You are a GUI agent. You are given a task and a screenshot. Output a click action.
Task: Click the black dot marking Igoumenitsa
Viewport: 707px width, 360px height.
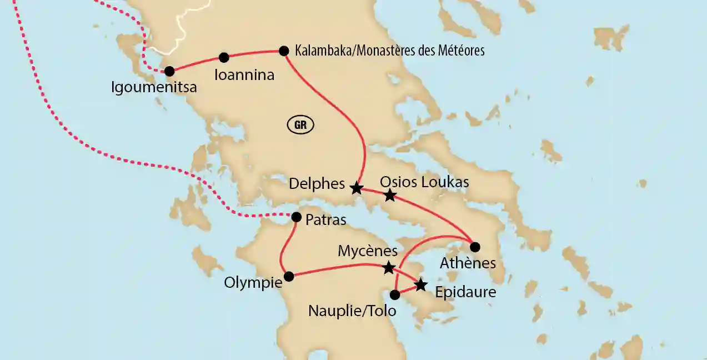(169, 71)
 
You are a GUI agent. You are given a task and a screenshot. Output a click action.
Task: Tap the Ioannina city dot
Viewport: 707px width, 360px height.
(224, 57)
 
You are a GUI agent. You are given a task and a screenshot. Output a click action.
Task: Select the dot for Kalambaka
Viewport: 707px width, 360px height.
(283, 51)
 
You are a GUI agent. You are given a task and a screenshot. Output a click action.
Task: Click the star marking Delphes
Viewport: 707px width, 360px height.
(357, 188)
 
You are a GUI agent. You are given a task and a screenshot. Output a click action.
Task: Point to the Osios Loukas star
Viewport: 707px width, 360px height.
(390, 195)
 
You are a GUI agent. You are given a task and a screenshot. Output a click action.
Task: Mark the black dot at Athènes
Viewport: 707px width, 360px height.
(475, 246)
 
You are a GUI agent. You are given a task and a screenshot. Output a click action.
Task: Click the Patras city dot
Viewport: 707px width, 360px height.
(297, 217)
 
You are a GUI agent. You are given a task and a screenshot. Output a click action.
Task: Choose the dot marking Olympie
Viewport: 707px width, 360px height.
(288, 276)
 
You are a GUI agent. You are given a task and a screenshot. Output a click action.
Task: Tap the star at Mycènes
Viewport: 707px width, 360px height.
(389, 268)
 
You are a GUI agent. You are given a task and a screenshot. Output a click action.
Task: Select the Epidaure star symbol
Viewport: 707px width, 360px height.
(421, 285)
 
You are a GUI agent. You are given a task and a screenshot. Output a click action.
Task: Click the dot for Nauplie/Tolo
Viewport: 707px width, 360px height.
(395, 294)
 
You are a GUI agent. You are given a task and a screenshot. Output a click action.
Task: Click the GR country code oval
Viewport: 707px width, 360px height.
(300, 125)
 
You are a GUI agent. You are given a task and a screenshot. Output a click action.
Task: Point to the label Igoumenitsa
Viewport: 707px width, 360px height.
(154, 88)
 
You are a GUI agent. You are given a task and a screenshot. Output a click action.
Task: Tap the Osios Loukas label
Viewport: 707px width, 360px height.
(424, 182)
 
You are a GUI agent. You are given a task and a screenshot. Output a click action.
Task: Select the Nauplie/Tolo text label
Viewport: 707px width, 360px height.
(352, 311)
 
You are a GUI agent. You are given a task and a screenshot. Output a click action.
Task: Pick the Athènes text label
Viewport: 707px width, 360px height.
(468, 263)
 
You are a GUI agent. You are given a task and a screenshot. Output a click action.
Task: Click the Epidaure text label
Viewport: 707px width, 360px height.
(465, 292)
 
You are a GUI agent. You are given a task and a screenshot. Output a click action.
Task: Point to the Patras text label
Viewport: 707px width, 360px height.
(325, 220)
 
